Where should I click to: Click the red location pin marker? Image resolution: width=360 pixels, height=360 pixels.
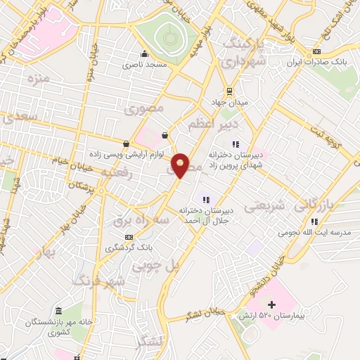181,165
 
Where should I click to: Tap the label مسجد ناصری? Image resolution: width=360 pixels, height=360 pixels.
144,64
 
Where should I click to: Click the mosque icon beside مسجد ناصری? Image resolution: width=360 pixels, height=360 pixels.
145,54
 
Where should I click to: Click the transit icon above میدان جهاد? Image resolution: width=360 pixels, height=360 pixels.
229,91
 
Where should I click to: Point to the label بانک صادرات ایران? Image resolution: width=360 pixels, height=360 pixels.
321,62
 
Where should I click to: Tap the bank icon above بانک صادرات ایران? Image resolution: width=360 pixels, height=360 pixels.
316,51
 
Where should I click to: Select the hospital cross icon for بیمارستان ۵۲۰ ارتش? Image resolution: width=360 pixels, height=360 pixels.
272,304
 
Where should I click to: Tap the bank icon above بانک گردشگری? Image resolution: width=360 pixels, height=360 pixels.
128,237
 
